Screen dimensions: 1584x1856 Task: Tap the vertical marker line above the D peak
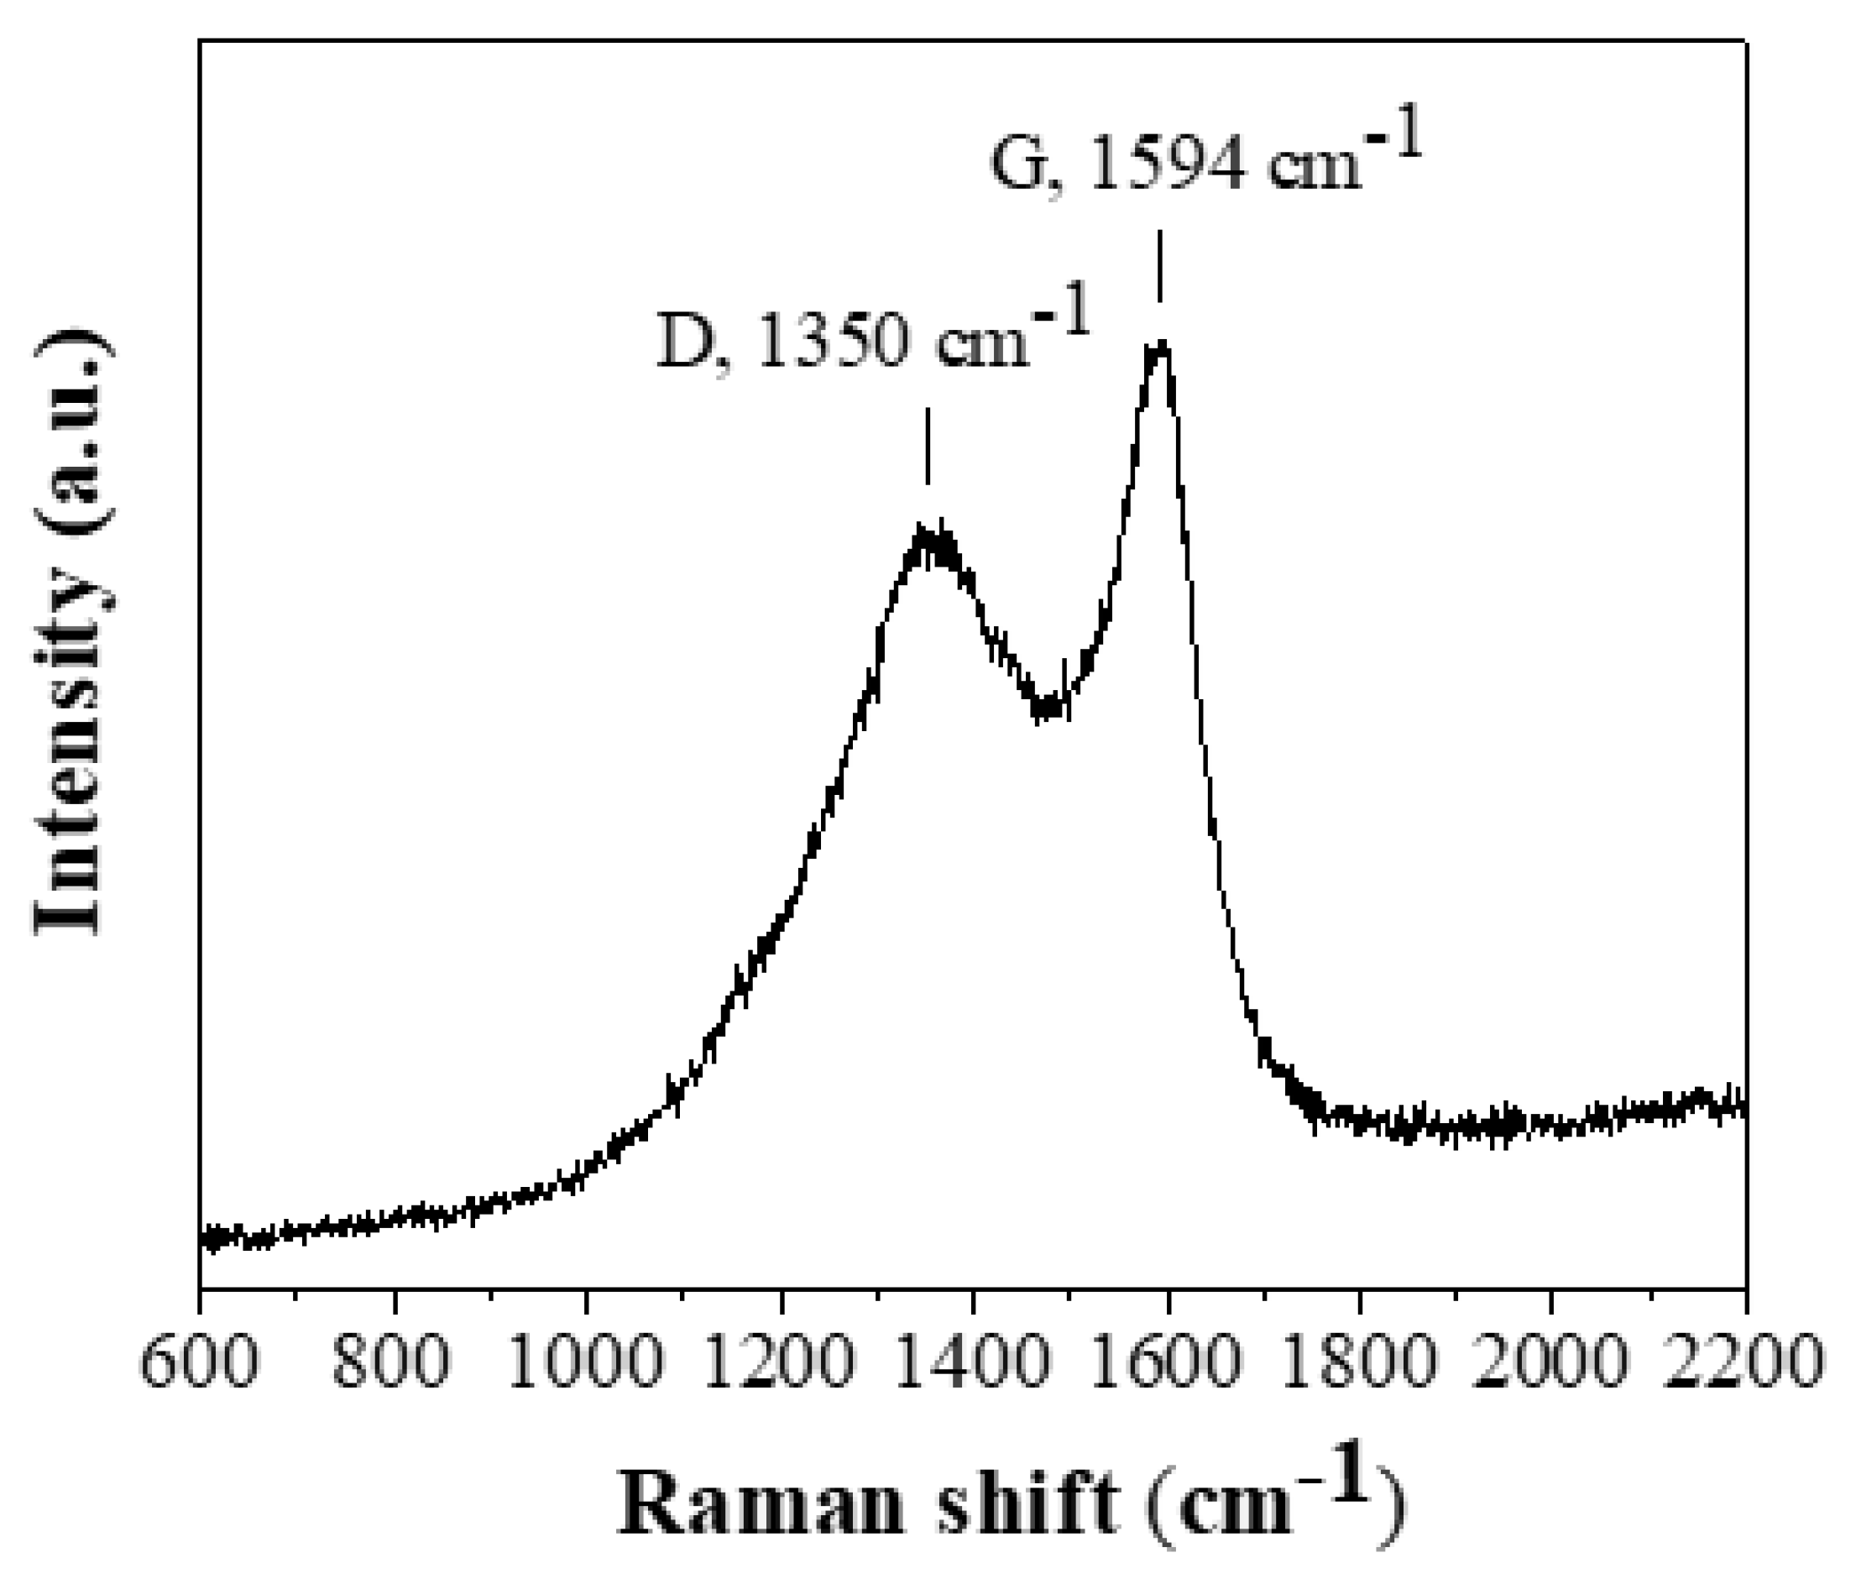(927, 445)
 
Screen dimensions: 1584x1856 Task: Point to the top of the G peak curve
(1160, 346)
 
